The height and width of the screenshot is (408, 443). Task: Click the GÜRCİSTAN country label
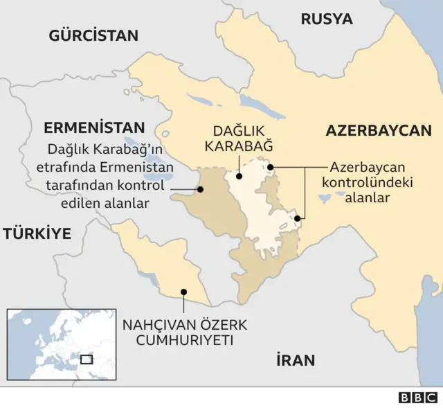click(x=93, y=35)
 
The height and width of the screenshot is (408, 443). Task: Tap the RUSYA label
click(x=326, y=19)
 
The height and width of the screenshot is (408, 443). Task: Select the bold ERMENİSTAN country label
click(x=94, y=127)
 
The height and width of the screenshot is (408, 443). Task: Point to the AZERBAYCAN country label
click(x=379, y=130)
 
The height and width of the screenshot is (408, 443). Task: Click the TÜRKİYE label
click(x=37, y=233)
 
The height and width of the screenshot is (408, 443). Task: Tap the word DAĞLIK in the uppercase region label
click(x=242, y=130)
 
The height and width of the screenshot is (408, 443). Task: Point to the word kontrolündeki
click(x=368, y=182)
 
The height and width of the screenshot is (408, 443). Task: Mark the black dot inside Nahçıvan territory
click(x=183, y=292)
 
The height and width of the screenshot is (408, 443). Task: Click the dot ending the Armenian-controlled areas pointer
click(x=200, y=188)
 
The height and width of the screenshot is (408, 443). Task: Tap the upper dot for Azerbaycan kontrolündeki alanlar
click(x=271, y=166)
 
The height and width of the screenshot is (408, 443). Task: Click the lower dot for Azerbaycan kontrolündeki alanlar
click(x=297, y=218)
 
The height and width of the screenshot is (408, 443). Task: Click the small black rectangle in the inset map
click(x=87, y=359)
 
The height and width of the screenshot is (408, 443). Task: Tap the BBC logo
click(x=417, y=398)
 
